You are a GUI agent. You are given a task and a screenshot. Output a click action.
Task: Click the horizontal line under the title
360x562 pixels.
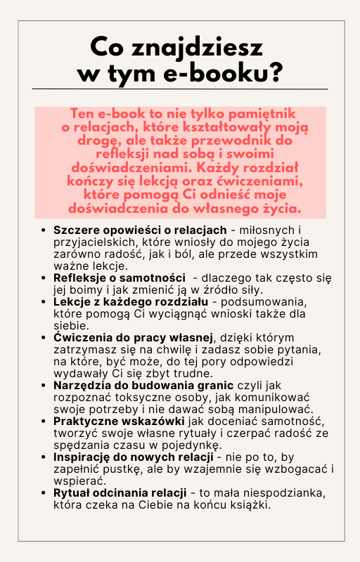click(x=180, y=89)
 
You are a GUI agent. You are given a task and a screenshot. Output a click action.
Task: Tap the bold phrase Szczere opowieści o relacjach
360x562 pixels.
click(x=140, y=230)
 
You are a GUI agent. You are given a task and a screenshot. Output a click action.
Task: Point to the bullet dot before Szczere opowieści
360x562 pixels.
click(x=44, y=231)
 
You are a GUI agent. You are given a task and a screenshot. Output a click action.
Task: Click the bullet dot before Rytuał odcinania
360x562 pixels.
click(x=44, y=494)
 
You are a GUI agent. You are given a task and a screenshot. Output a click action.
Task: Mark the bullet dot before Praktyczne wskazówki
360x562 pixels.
click(x=44, y=422)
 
